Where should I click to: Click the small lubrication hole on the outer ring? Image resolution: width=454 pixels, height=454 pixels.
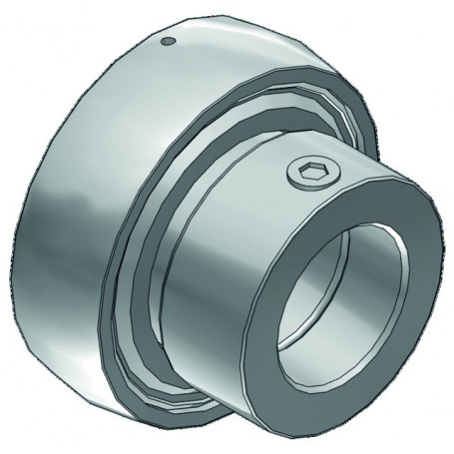click(169, 41)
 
